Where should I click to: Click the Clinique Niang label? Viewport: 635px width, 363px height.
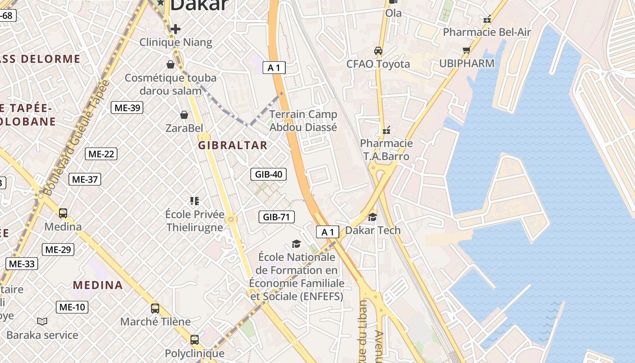176,42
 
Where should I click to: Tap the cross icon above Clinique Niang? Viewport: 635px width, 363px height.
176,29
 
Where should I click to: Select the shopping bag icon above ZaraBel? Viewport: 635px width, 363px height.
184,115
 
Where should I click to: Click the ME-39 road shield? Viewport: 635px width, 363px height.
127,108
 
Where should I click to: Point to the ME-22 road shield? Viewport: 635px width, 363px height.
101,154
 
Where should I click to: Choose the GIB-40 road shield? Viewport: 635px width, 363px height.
269,174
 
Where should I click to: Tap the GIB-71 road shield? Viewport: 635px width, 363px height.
276,217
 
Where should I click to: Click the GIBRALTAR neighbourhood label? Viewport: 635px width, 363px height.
233,145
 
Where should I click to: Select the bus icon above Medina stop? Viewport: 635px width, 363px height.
63,213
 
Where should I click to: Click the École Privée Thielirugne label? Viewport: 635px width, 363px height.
195,221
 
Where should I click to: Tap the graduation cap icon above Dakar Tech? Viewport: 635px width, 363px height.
372,217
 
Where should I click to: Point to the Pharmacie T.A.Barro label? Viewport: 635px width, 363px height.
386,150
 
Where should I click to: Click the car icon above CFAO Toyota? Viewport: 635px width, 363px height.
378,51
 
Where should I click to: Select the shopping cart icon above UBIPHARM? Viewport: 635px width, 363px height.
466,50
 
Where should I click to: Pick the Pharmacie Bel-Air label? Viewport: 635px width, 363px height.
487,32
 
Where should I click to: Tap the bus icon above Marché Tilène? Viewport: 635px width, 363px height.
155,309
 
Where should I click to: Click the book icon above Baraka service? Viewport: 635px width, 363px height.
42,322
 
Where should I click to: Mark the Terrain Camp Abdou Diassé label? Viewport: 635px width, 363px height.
303,121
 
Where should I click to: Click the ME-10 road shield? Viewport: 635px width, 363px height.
72,307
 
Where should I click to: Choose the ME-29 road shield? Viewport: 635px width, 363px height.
58,250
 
